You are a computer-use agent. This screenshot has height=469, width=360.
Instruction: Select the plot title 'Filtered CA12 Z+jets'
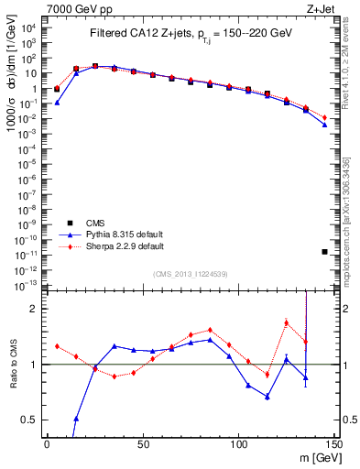click(137, 34)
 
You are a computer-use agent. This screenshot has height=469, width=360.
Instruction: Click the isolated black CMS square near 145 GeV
click(324, 251)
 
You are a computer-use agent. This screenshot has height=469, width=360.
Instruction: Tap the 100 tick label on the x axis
click(238, 443)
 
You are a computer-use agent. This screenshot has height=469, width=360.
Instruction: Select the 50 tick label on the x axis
click(143, 443)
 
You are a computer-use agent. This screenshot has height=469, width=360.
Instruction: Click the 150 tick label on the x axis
click(333, 443)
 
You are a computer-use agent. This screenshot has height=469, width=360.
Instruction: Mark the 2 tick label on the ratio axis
click(34, 309)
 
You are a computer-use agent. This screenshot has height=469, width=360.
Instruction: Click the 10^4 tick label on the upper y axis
click(29, 28)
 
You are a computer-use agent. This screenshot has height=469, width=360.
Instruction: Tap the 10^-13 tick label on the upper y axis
click(27, 286)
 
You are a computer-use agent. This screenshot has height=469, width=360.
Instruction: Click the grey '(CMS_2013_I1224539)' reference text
click(190, 274)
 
